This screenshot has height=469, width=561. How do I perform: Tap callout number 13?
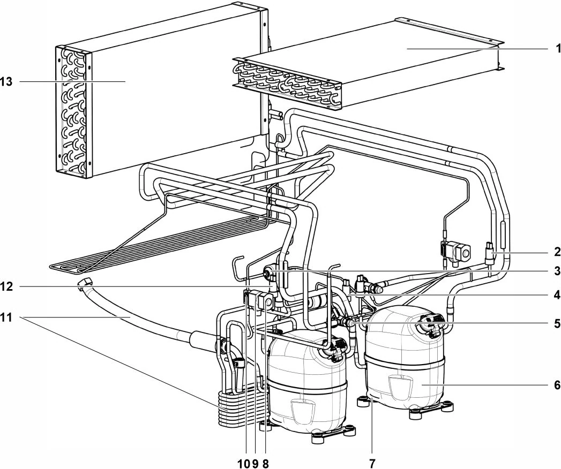click(x=6, y=82)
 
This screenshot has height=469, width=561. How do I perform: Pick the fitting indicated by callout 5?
click(x=349, y=323)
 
